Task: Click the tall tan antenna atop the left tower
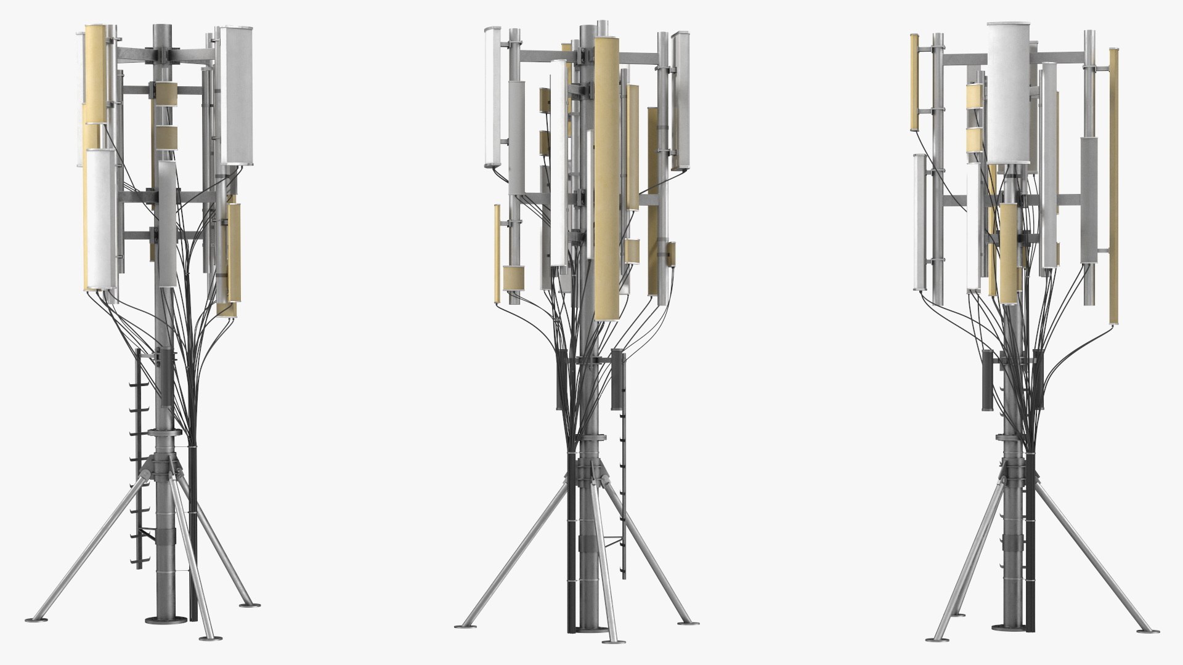click(96, 74)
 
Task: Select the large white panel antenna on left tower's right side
click(237, 95)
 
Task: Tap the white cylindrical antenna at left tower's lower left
click(100, 219)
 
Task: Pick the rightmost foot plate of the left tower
click(249, 604)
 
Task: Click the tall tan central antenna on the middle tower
click(606, 179)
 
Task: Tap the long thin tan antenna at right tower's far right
click(1114, 185)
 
